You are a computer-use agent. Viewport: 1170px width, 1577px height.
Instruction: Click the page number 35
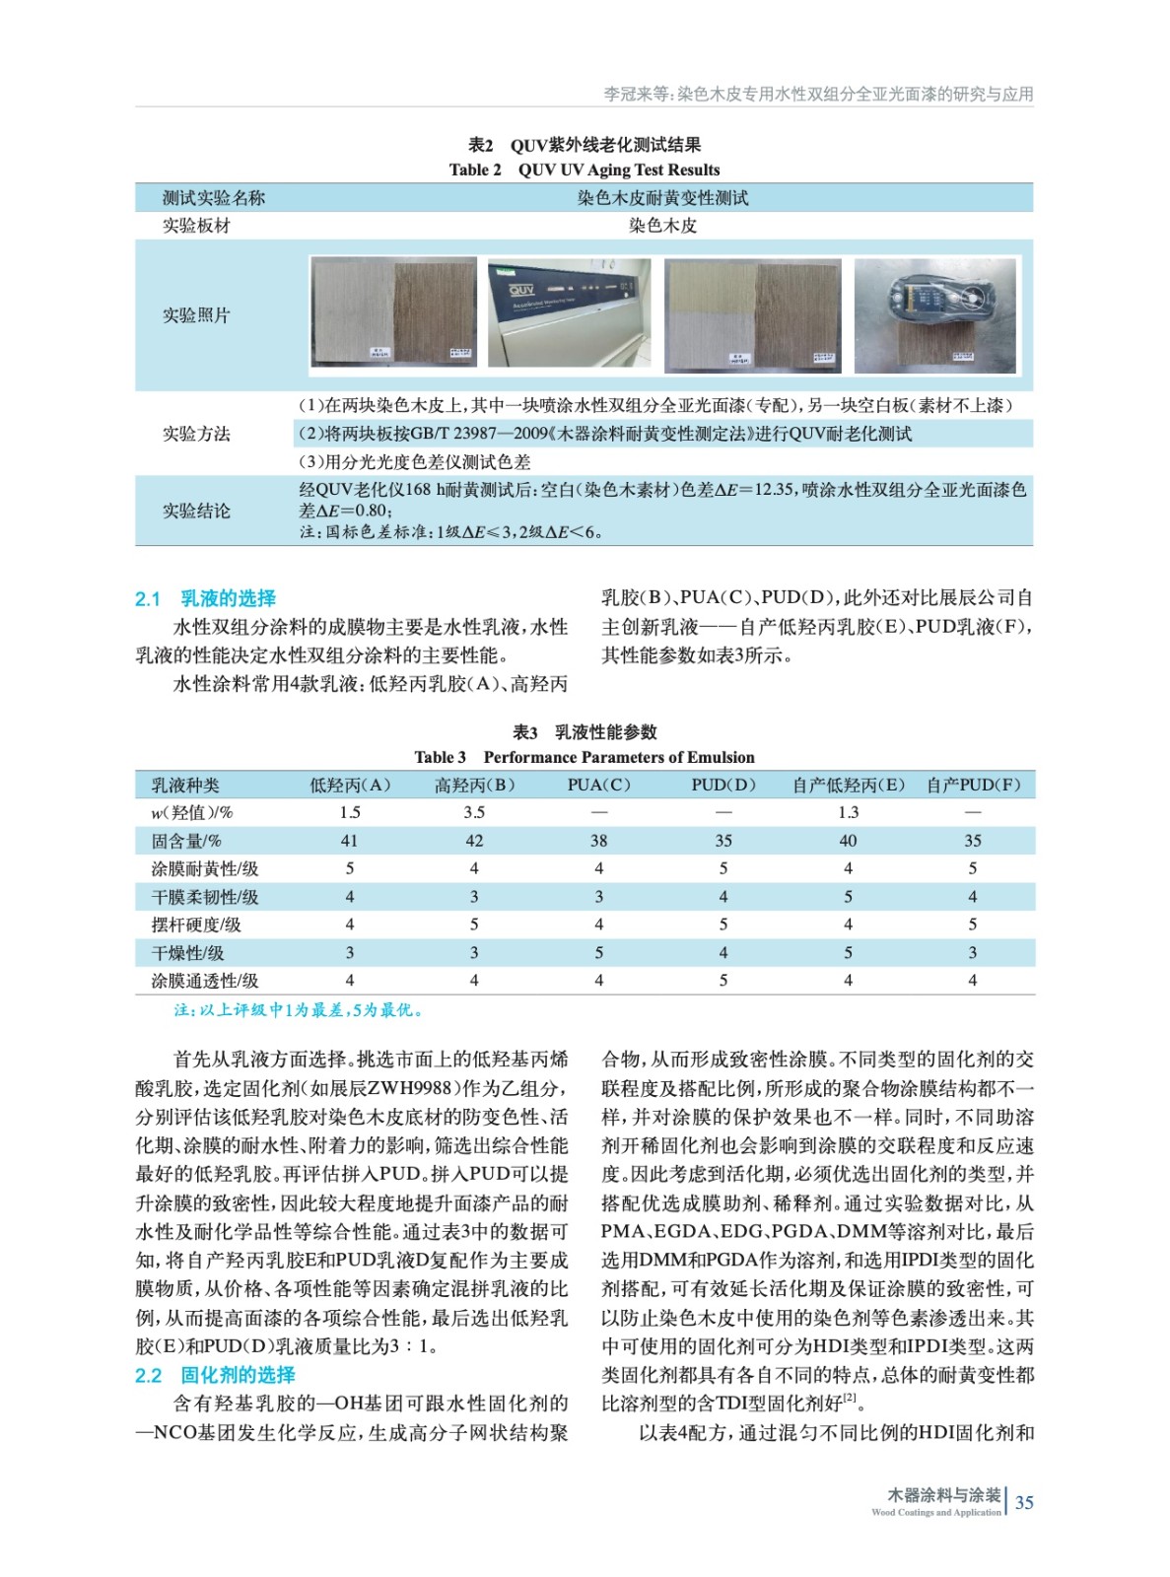pyautogui.click(x=1024, y=1502)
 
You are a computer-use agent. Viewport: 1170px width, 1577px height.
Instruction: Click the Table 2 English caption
pyautogui.click(x=585, y=170)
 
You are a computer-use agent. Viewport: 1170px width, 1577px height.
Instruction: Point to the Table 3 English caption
pyautogui.click(x=585, y=757)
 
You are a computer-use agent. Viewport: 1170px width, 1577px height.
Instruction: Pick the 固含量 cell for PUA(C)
pyautogui.click(x=598, y=841)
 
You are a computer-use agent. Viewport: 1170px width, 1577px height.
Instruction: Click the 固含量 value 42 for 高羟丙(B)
pyautogui.click(x=474, y=841)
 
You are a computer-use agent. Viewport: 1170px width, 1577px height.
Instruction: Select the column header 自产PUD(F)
pyautogui.click(x=973, y=786)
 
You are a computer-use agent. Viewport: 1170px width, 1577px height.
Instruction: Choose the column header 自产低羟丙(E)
pyautogui.click(x=848, y=786)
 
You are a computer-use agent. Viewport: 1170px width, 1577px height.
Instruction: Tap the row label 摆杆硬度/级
pyautogui.click(x=196, y=925)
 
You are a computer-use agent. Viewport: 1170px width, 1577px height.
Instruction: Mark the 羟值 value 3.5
pyautogui.click(x=474, y=812)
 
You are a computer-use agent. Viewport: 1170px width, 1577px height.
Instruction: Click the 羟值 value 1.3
pyautogui.click(x=848, y=812)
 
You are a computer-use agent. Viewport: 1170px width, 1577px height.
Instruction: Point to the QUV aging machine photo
pyautogui.click(x=570, y=312)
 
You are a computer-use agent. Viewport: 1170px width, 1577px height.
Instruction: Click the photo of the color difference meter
pyautogui.click(x=934, y=314)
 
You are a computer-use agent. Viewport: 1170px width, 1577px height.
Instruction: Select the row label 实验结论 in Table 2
pyautogui.click(x=196, y=511)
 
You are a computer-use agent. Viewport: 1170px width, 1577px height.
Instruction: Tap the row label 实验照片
pyautogui.click(x=196, y=315)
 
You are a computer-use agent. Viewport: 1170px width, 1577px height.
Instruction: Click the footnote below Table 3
pyautogui.click(x=299, y=1010)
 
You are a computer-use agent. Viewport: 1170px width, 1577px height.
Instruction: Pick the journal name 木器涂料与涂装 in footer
pyautogui.click(x=943, y=1495)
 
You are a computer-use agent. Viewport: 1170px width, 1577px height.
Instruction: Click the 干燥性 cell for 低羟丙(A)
pyautogui.click(x=349, y=953)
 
